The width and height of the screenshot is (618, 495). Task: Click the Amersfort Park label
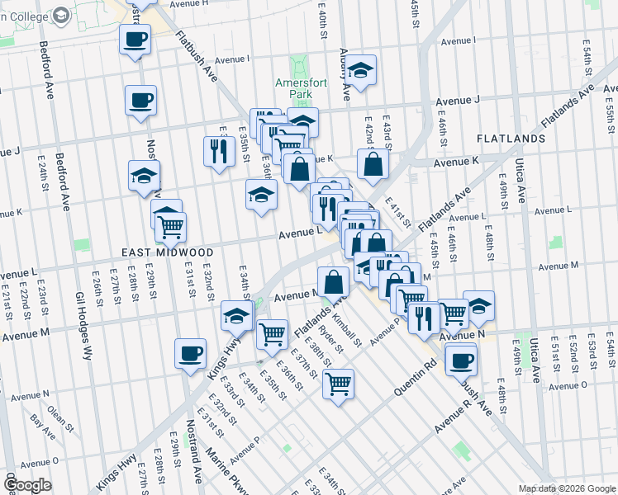coord(294,88)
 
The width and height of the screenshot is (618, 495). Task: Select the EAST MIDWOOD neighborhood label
coord(168,252)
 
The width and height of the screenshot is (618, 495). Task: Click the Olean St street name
coord(58,405)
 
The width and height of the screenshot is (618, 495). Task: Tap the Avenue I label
coord(230,59)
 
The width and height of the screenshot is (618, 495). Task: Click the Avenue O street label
coord(568,385)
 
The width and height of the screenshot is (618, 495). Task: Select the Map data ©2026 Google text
coord(566,488)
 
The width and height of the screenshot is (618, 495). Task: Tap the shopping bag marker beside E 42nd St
coord(373,163)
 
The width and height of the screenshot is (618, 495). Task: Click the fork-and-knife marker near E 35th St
coord(218,150)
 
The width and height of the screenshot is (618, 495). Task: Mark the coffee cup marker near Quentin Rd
coord(461,359)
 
